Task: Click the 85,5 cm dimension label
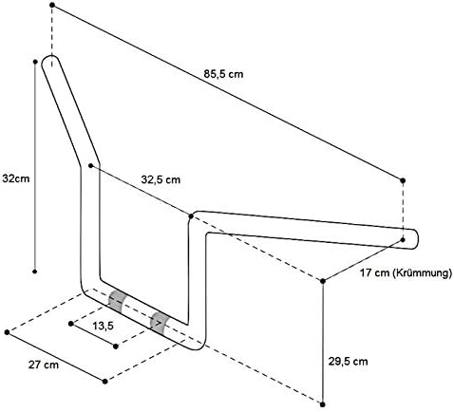pyautogui.click(x=223, y=74)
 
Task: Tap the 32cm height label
pyautogui.click(x=16, y=178)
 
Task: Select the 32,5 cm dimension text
pyautogui.click(x=161, y=179)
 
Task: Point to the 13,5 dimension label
pyautogui.click(x=104, y=326)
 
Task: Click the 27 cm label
pyautogui.click(x=44, y=365)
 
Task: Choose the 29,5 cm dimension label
pyautogui.click(x=348, y=361)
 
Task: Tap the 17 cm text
pyautogui.click(x=374, y=272)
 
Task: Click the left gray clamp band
pyautogui.click(x=117, y=301)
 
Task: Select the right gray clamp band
pyautogui.click(x=159, y=324)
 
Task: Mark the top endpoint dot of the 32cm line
pyautogui.click(x=35, y=62)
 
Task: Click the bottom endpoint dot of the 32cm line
pyautogui.click(x=35, y=272)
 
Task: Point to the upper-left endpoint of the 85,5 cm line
pyautogui.click(x=52, y=5)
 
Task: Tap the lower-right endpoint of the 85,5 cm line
pyautogui.click(x=403, y=180)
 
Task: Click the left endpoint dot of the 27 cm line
pyautogui.click(x=7, y=332)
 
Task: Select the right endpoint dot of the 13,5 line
pyautogui.click(x=116, y=346)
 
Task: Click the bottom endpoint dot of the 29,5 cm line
pyautogui.click(x=323, y=404)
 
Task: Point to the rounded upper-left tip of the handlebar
pyautogui.click(x=50, y=56)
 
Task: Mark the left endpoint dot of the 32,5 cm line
pyautogui.click(x=91, y=165)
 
